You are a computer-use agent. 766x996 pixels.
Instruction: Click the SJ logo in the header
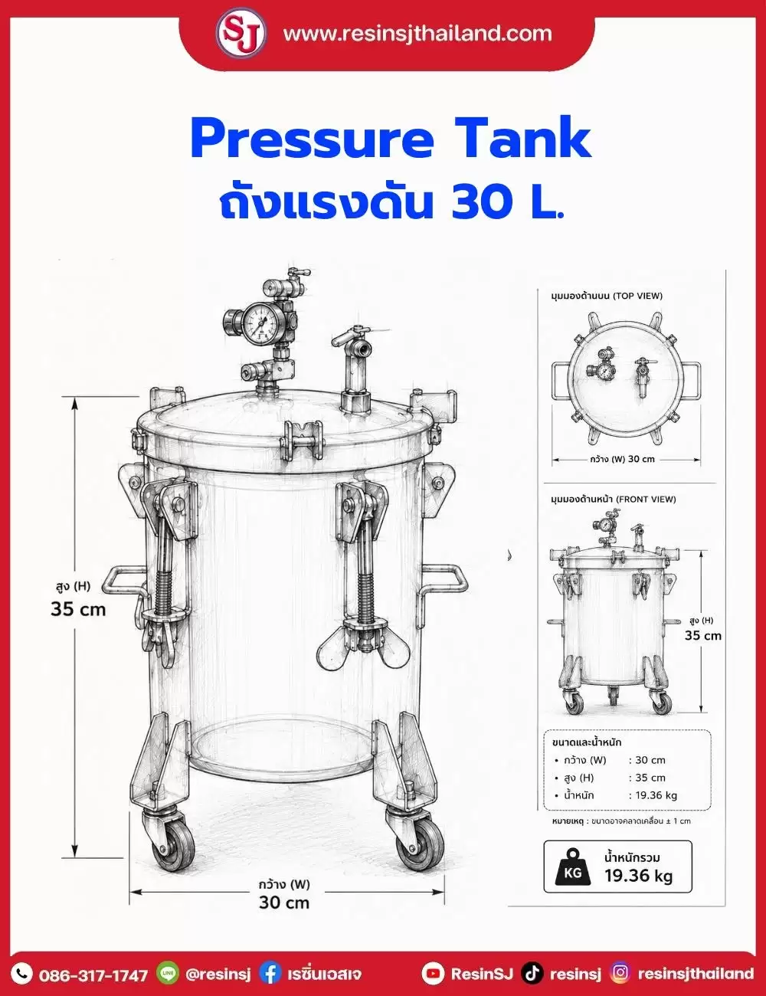tap(241, 34)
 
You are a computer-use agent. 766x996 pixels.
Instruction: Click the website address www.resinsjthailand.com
tap(417, 34)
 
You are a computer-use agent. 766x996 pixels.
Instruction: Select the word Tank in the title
tap(522, 137)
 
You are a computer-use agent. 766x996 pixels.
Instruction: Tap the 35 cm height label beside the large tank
tap(78, 609)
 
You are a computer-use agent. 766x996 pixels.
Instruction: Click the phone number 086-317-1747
tap(93, 975)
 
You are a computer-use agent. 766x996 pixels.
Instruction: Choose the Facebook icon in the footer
tap(270, 973)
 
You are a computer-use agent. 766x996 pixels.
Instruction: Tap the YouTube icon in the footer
tap(433, 974)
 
